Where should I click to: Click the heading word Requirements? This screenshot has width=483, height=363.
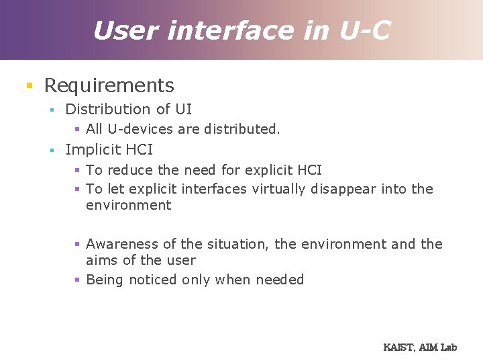click(x=109, y=85)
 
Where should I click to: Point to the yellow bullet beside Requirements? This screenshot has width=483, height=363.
click(x=28, y=86)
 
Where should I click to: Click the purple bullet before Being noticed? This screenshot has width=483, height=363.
click(x=77, y=280)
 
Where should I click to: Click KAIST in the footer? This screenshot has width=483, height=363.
click(x=399, y=347)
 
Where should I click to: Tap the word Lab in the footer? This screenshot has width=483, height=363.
click(x=449, y=347)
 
